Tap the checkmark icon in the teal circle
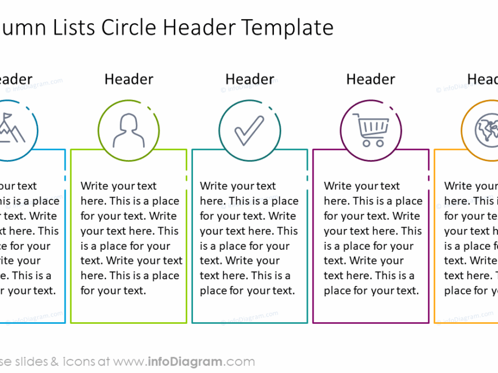point(249,130)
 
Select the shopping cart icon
point(371,129)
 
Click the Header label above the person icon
point(128,80)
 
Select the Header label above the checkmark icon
point(250,80)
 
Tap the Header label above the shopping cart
point(371,80)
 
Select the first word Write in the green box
point(95,186)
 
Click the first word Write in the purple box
point(338,186)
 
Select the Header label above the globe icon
point(483,80)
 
